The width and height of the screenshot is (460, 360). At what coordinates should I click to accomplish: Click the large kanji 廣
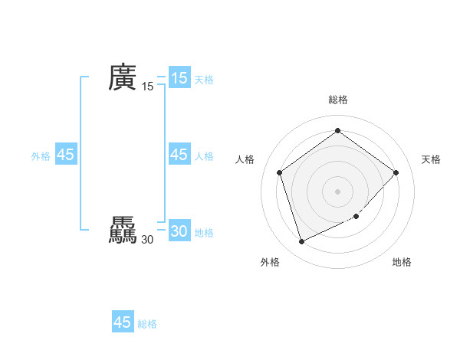(123, 77)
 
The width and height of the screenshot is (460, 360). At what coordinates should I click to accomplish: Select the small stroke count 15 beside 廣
(148, 87)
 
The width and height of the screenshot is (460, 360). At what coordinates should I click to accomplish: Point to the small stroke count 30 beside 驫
(147, 240)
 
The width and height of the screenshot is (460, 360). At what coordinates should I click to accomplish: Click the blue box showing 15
(179, 78)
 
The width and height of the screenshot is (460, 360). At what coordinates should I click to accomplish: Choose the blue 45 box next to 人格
(179, 155)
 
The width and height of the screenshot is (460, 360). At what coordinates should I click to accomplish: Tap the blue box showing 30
(179, 231)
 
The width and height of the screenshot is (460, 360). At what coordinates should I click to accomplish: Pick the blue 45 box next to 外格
(65, 155)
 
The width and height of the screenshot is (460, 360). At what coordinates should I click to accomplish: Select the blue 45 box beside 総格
(123, 322)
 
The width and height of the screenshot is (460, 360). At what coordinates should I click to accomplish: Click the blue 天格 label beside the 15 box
(204, 80)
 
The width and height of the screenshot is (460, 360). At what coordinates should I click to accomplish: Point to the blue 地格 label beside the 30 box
(204, 233)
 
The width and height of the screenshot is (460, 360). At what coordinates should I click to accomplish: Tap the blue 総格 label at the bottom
(147, 324)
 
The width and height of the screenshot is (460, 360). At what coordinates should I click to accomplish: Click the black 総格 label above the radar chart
(337, 100)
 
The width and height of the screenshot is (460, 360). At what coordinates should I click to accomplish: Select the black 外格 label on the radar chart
(270, 263)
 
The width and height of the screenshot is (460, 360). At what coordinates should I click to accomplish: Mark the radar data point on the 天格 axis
(396, 172)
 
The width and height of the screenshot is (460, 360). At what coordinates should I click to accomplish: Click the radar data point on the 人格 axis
(279, 172)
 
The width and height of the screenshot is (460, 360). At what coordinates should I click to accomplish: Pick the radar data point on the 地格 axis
(356, 217)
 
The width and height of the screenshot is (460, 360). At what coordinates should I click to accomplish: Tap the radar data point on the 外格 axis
(301, 241)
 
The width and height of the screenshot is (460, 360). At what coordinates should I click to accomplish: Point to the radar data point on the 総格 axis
(337, 131)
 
